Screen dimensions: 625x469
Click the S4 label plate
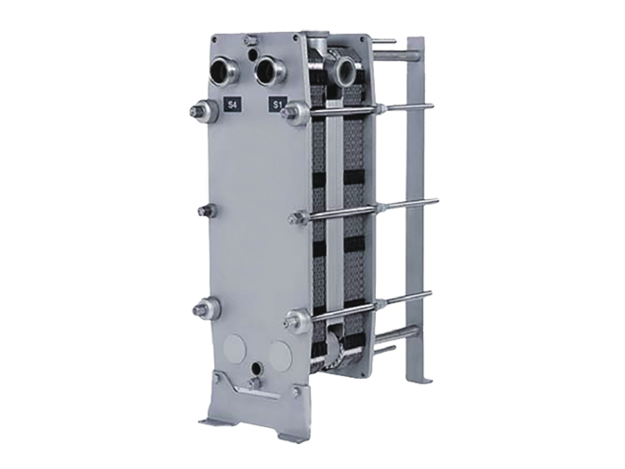pos(231,105)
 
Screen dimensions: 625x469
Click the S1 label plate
pos(278,105)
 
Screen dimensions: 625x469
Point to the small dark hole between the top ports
pos(252,53)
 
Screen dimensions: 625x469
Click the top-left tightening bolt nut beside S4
pos(201,112)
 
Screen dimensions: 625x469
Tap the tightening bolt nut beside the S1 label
pos(294,111)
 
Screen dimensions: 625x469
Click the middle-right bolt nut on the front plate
pos(299,217)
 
